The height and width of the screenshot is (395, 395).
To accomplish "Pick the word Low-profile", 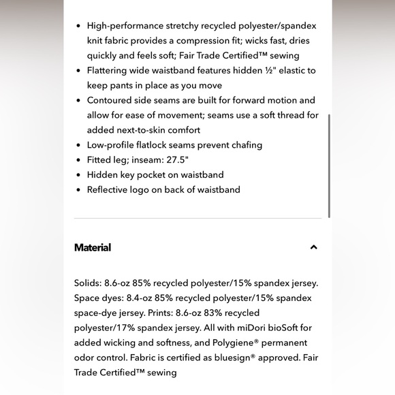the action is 111,145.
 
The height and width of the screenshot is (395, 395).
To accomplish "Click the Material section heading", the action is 93,247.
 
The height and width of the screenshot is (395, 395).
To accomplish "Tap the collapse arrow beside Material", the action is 313,247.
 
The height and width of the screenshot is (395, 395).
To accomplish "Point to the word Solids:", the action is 89,283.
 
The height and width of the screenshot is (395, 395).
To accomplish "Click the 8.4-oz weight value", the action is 140,298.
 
